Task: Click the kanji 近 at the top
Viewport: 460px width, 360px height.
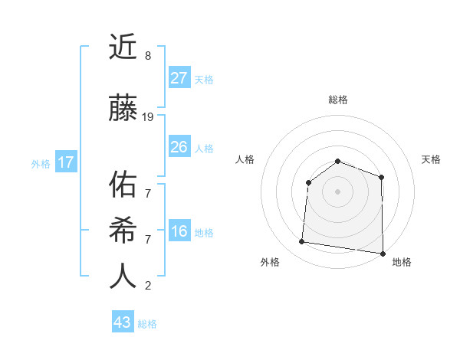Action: (123, 48)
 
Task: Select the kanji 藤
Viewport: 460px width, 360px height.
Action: (123, 109)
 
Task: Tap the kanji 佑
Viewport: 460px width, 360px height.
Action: (123, 185)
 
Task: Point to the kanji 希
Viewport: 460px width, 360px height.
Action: (123, 231)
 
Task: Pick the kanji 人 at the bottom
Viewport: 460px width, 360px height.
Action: (123, 277)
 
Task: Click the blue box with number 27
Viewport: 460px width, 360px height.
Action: (179, 78)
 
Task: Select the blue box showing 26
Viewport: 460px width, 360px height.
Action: (179, 147)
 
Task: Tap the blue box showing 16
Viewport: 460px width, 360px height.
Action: (179, 231)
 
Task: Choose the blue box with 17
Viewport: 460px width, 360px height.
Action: (65, 162)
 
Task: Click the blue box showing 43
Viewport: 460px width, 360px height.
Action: (122, 322)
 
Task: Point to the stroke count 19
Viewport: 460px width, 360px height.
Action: (148, 117)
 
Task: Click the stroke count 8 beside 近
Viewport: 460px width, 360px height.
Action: (147, 56)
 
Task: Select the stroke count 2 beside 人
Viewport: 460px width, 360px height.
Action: (147, 286)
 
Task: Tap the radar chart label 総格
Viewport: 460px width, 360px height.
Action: (337, 100)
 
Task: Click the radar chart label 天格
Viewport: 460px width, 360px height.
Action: (432, 159)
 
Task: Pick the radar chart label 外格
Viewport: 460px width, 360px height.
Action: (270, 262)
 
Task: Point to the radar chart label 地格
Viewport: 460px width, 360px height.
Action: (402, 262)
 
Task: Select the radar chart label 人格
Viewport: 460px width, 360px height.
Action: (245, 159)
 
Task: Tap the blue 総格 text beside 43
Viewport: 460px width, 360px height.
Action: (147, 324)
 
